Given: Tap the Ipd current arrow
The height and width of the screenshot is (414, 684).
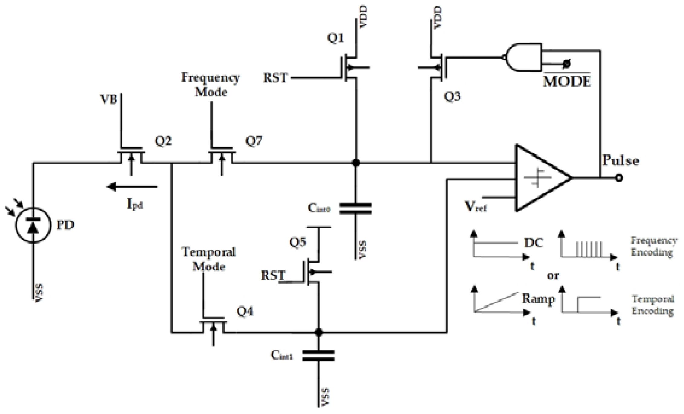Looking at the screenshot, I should pyautogui.click(x=132, y=187).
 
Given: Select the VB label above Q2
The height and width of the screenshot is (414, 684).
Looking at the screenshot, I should pyautogui.click(x=109, y=99).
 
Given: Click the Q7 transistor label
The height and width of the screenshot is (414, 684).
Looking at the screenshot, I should pyautogui.click(x=254, y=141).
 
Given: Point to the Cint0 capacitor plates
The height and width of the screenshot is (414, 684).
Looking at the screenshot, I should pyautogui.click(x=355, y=209).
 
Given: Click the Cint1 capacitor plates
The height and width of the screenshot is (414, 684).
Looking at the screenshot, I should pyautogui.click(x=318, y=356).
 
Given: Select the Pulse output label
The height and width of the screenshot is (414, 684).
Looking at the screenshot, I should pyautogui.click(x=620, y=160).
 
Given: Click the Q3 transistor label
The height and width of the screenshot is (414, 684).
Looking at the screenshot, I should pyautogui.click(x=452, y=97).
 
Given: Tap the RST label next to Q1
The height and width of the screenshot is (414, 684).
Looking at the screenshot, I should pyautogui.click(x=275, y=78).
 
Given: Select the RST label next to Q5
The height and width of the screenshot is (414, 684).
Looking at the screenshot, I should pyautogui.click(x=273, y=275).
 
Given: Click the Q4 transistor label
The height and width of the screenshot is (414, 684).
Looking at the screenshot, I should pyautogui.click(x=245, y=311).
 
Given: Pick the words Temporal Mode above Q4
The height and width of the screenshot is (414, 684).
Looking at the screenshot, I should pyautogui.click(x=209, y=259).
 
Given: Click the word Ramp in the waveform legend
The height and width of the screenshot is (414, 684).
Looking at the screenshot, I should pyautogui.click(x=538, y=299).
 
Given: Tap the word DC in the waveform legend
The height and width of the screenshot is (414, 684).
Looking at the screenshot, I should pyautogui.click(x=534, y=243).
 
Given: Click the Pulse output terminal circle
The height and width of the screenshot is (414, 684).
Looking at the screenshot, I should pyautogui.click(x=619, y=178).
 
